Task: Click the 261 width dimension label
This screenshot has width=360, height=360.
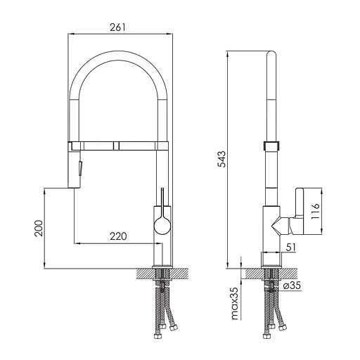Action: click(117, 27)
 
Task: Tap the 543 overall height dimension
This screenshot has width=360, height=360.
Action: click(221, 159)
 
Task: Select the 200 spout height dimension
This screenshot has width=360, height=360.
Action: click(39, 228)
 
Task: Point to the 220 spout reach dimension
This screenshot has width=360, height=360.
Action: click(118, 236)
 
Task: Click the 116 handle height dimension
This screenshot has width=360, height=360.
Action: click(315, 211)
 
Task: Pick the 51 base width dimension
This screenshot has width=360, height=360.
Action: click(291, 247)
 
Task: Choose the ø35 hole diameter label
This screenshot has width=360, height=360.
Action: click(292, 285)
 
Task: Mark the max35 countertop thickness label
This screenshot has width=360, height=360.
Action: click(235, 304)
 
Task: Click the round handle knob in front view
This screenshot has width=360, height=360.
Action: click(162, 226)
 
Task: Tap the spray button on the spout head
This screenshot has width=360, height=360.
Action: click(80, 168)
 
